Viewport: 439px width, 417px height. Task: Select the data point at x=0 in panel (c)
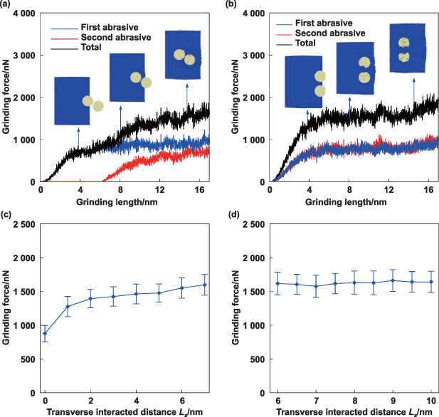45,334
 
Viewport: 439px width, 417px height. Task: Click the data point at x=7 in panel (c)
205,285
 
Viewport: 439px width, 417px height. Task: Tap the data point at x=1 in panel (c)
68,307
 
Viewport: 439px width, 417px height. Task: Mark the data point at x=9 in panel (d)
391,280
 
